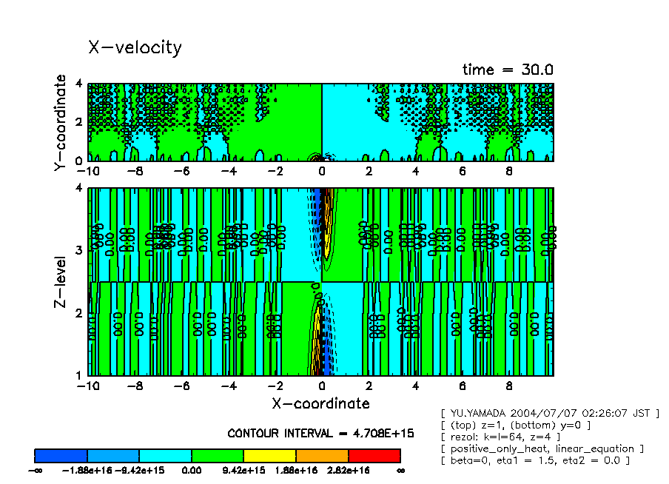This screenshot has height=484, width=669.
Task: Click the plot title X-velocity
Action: coord(135,47)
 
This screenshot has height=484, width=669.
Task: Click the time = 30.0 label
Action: coord(508,70)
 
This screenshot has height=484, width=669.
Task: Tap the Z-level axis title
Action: coord(61,282)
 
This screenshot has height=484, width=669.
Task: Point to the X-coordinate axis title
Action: coord(320,403)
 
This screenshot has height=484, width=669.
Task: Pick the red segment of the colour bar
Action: coord(374,455)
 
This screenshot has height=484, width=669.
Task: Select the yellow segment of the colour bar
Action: coord(269,455)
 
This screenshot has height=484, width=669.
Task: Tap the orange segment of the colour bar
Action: coord(322,455)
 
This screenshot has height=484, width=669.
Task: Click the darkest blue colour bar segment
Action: coord(61,455)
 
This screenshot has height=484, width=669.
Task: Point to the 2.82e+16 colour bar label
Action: coord(347,470)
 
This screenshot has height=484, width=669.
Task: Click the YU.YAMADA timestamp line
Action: coord(549,413)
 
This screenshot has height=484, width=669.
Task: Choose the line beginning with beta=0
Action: coord(534,460)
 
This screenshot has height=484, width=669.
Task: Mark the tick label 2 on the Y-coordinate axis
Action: coord(81,121)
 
